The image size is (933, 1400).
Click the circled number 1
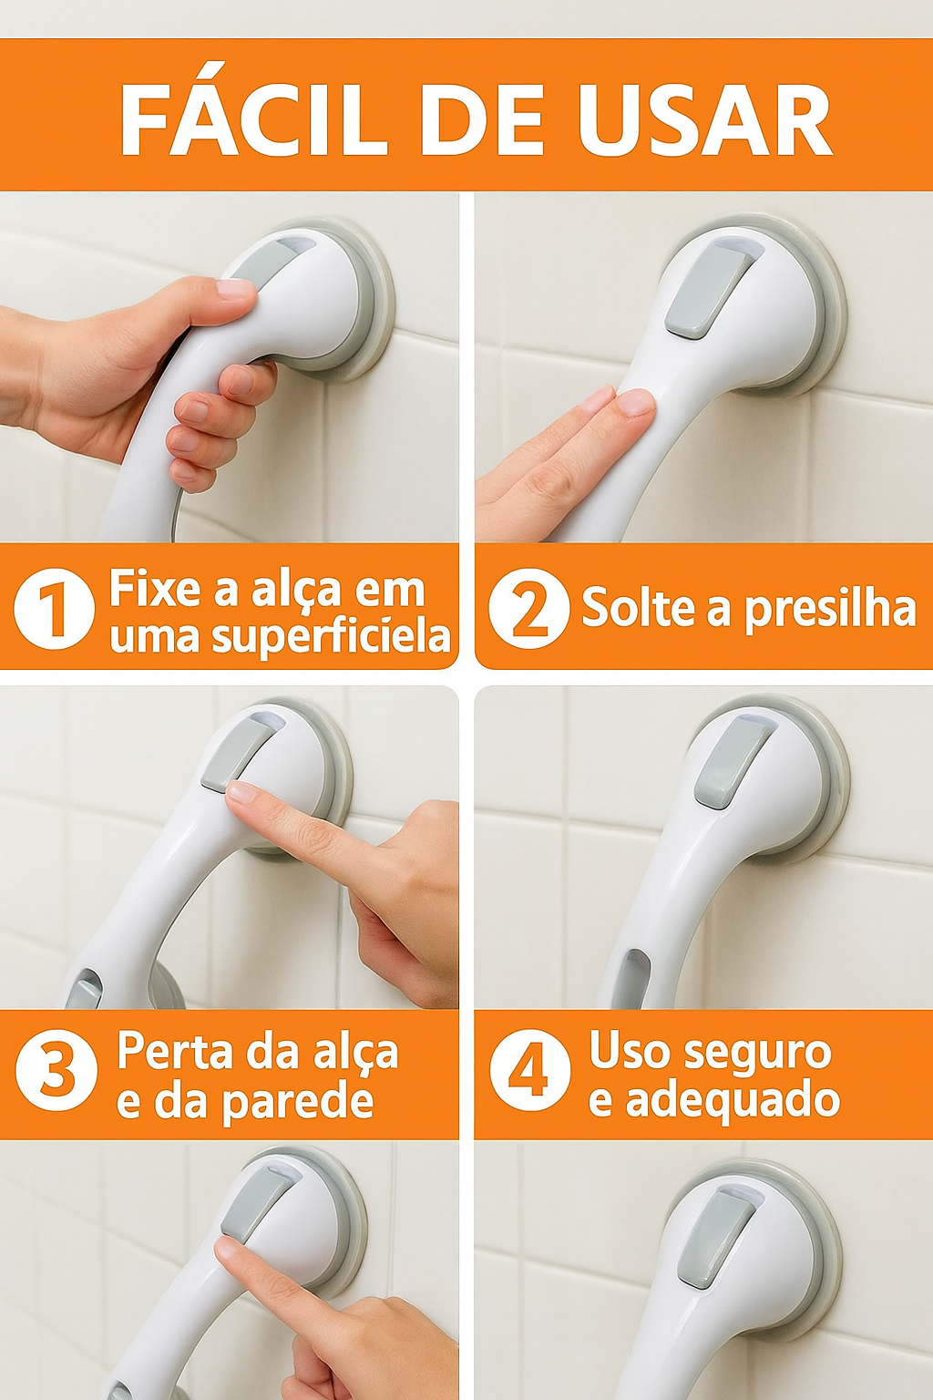pos(54,608)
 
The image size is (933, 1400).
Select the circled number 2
pos(528,608)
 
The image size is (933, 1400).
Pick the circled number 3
pos(56,1070)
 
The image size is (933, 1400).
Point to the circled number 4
pos(529,1070)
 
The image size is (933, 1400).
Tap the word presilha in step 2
pos(830,609)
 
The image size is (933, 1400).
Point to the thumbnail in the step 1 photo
pos(235,290)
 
